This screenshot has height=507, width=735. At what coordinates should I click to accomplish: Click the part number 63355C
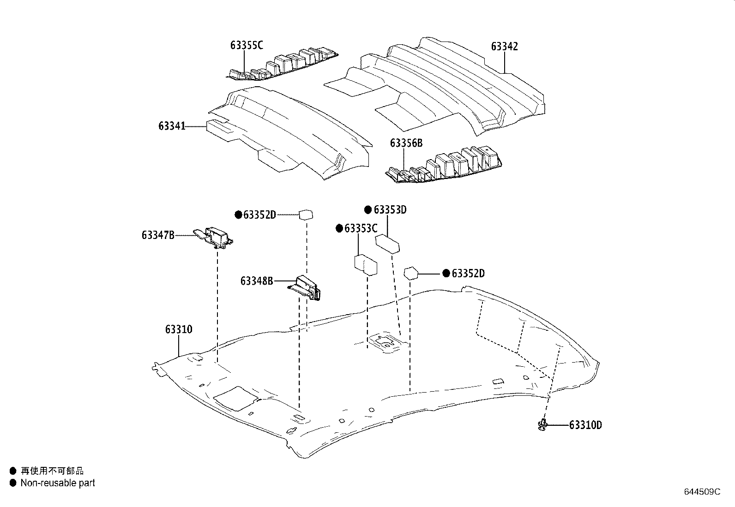click(x=247, y=45)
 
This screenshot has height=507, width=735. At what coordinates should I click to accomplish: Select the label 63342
click(x=504, y=47)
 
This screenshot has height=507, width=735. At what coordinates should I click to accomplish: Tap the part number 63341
click(x=172, y=126)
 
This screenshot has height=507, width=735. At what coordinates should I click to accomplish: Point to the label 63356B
click(x=406, y=143)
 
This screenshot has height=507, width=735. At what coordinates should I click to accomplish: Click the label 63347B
click(x=158, y=235)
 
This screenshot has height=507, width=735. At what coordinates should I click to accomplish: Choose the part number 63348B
click(x=256, y=280)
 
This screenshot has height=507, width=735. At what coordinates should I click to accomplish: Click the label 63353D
click(x=390, y=210)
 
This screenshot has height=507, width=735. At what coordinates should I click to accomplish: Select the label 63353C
click(x=361, y=228)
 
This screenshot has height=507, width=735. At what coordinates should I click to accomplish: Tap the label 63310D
click(x=585, y=425)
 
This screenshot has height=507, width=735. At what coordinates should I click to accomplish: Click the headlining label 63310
click(x=179, y=329)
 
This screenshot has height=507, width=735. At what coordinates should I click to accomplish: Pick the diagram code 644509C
click(x=702, y=492)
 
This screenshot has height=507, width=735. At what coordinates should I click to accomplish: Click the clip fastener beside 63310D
click(x=543, y=425)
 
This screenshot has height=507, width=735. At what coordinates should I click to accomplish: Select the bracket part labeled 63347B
click(x=213, y=237)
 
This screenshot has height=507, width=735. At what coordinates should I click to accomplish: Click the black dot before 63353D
click(x=368, y=210)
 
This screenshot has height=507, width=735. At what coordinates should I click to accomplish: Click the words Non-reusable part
click(x=58, y=483)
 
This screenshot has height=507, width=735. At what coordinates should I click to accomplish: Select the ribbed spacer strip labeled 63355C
click(x=284, y=62)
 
